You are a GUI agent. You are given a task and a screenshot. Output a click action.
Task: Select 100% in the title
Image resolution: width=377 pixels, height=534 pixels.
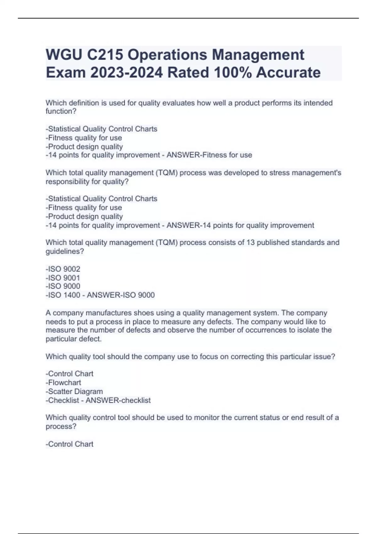click(x=233, y=73)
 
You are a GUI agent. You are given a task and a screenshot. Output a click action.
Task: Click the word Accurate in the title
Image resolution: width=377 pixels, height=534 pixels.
click(x=288, y=73)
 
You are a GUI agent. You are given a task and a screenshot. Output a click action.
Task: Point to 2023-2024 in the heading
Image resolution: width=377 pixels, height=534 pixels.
click(x=127, y=73)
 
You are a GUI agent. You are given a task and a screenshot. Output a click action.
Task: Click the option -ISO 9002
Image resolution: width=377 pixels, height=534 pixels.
click(x=63, y=269)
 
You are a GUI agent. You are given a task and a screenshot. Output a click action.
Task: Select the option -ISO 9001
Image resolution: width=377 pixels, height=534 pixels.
click(x=63, y=278)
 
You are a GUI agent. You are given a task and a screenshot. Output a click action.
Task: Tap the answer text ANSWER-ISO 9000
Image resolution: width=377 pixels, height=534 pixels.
click(x=121, y=295)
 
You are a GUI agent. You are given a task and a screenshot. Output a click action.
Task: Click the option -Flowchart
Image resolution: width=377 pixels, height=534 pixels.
click(x=63, y=383)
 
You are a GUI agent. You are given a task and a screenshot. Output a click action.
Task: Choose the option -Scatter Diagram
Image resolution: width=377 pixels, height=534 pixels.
click(x=74, y=391)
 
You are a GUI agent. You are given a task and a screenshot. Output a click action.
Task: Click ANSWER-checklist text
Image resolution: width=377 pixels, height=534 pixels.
click(x=118, y=400)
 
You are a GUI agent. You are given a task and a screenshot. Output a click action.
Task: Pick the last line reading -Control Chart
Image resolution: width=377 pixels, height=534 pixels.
click(x=69, y=444)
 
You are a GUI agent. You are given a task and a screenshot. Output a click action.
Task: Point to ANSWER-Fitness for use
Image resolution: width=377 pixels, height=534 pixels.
click(x=209, y=155)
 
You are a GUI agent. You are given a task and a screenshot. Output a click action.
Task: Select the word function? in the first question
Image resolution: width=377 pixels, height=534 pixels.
click(x=61, y=111)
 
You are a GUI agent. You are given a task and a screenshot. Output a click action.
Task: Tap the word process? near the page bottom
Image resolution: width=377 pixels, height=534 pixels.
click(x=61, y=427)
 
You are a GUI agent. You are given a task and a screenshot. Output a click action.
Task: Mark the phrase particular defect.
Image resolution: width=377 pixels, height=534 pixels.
click(x=74, y=339)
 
